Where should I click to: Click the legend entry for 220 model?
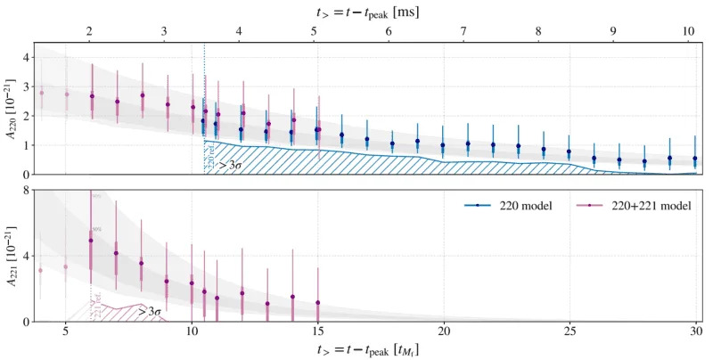coord(507,205)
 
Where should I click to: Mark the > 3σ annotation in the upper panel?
coord(233,165)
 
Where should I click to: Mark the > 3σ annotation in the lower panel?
coord(148,312)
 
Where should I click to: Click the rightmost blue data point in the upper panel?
coord(695,159)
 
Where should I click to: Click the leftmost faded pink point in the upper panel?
coord(41,93)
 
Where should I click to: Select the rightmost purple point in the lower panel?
coord(317,303)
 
